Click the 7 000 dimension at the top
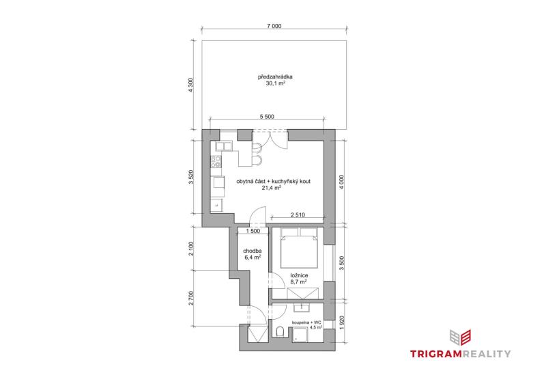(274, 26)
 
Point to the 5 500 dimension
(267, 117)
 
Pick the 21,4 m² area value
(272, 188)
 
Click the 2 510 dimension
(298, 215)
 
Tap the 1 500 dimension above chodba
(253, 231)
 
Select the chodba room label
(253, 251)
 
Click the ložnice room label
(299, 275)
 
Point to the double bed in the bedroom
(299, 248)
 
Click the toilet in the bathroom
(281, 331)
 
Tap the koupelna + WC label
(305, 322)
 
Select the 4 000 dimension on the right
(342, 182)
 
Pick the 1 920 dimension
(342, 322)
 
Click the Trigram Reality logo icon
(460, 337)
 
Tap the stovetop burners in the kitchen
(216, 161)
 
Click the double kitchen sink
(224, 146)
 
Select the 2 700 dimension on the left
(190, 298)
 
